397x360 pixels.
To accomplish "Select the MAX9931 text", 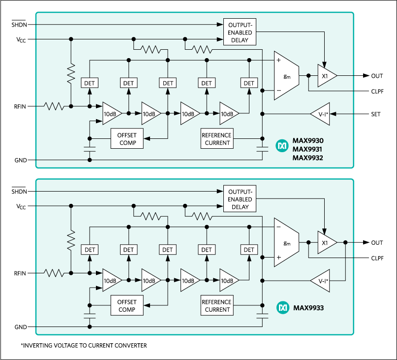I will tap(308, 149).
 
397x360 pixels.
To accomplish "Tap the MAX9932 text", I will tap(308, 158).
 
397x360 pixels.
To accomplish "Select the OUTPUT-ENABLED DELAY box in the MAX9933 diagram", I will tap(240, 199).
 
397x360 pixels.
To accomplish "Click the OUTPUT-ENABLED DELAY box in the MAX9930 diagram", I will tap(240, 33).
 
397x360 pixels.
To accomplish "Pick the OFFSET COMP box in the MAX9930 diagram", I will tap(126, 139).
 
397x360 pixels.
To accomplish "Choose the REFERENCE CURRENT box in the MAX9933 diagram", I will tap(217, 306).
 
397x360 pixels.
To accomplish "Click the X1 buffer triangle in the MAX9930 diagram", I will tap(326, 76).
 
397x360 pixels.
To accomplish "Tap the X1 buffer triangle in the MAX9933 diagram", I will tap(326, 243).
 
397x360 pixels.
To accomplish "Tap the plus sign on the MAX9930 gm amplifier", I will tap(278, 61).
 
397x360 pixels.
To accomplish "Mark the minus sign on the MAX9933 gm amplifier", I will tap(278, 227).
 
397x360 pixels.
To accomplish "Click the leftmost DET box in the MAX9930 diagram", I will tap(89, 83).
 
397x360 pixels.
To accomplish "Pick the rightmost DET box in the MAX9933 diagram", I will tap(249, 250).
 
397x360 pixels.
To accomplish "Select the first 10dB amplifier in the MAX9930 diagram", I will tap(111, 114).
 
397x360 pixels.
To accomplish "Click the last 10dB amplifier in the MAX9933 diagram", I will tap(228, 281).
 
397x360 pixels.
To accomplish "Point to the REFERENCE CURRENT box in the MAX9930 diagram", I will tap(217, 139).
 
